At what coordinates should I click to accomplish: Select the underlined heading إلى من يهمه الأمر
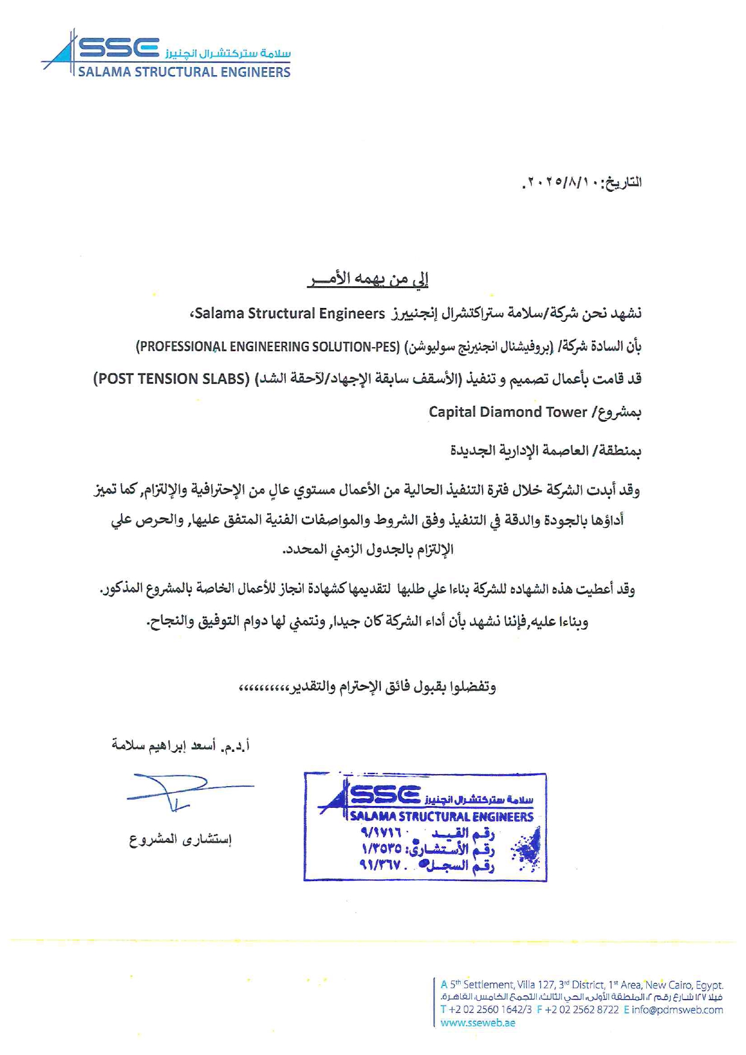368,279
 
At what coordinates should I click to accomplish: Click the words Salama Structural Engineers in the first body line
289,313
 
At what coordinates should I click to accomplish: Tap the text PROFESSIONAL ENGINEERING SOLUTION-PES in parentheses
268,346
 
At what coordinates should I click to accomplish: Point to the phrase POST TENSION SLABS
171,379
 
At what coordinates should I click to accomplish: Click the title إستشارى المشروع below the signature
180,839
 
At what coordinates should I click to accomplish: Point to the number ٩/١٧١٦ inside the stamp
381,834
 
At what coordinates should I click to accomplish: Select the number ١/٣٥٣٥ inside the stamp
382,849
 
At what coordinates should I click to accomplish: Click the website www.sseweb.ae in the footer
478,1023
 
